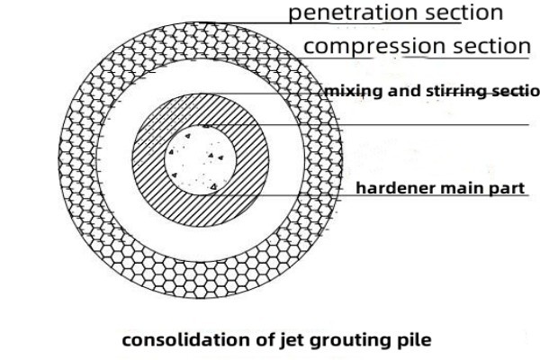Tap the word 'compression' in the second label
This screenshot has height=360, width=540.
(x=371, y=45)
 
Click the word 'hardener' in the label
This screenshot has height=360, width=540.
(x=390, y=189)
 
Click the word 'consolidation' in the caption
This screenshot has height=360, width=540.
(x=175, y=340)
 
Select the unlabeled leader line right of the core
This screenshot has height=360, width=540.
(x=405, y=124)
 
